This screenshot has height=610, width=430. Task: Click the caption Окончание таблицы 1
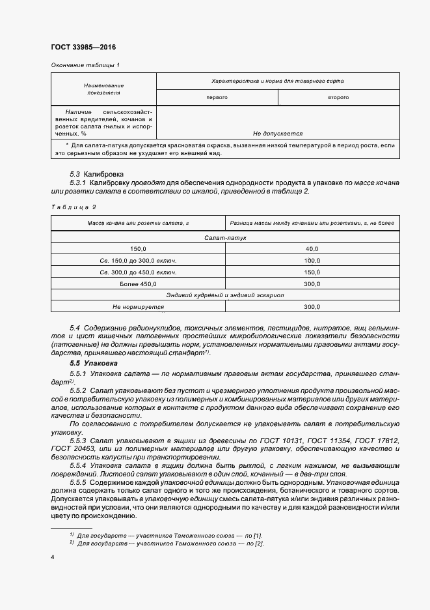(85, 65)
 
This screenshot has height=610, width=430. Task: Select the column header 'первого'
(217, 97)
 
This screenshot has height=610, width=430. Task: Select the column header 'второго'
(338, 97)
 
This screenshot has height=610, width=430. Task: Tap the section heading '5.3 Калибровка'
(96, 174)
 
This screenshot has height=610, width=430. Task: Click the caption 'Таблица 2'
(73, 207)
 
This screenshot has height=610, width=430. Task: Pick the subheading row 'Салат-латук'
(224, 238)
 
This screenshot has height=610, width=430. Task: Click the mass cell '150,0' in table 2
(138, 249)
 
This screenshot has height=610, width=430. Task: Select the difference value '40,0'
(312, 249)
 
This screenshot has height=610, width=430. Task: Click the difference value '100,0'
(312, 261)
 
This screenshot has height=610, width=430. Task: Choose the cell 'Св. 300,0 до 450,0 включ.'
(138, 272)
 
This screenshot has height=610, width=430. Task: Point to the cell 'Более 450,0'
(138, 284)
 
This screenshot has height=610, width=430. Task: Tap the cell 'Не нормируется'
(138, 307)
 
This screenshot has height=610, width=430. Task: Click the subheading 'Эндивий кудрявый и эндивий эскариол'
(224, 296)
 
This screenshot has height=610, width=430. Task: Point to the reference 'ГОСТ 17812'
(380, 441)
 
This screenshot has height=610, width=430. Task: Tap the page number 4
(52, 557)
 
